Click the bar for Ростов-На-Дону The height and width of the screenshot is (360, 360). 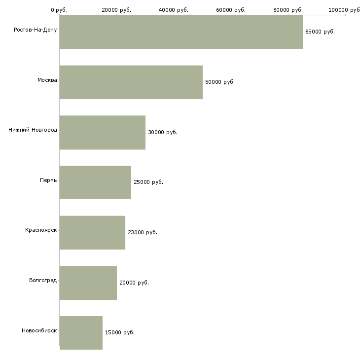pyautogui.click(x=181, y=32)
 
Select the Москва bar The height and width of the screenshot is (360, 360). pyautogui.click(x=131, y=82)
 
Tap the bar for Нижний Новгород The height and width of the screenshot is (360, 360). pyautogui.click(x=103, y=133)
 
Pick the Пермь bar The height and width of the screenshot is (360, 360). pyautogui.click(x=95, y=182)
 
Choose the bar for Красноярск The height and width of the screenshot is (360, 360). pyautogui.click(x=92, y=233)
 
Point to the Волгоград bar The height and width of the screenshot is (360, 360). pyautogui.click(x=88, y=283)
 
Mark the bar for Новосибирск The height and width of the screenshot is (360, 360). pyautogui.click(x=81, y=333)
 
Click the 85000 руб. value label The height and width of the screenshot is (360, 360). pyautogui.click(x=320, y=32)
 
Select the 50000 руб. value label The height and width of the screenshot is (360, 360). pyautogui.click(x=220, y=82)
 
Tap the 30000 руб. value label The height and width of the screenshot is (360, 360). pyautogui.click(x=163, y=132)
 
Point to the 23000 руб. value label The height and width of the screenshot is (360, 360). pyautogui.click(x=143, y=232)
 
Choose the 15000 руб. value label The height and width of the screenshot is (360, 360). pyautogui.click(x=120, y=332)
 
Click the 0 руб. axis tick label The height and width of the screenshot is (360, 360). pyautogui.click(x=59, y=10)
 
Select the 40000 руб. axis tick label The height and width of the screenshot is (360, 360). pyautogui.click(x=174, y=10)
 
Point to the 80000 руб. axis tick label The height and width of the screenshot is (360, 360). pyautogui.click(x=288, y=10)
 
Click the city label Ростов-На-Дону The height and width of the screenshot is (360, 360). pyautogui.click(x=36, y=30)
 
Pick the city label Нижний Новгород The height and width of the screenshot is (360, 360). pyautogui.click(x=33, y=130)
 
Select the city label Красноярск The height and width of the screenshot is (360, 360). pyautogui.click(x=41, y=230)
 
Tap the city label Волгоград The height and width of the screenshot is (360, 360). pyautogui.click(x=43, y=280)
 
